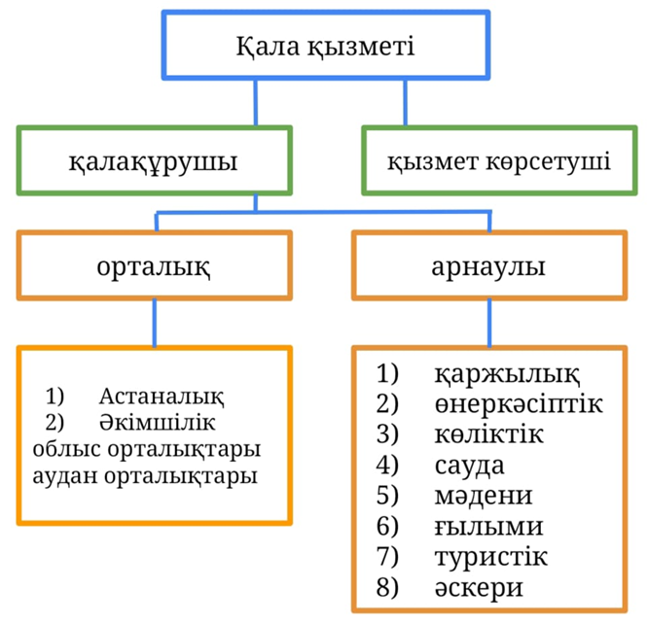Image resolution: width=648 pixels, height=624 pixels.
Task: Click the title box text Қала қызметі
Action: (326, 46)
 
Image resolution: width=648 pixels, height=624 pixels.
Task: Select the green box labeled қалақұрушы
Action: (154, 158)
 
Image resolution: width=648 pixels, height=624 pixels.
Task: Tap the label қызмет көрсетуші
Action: (499, 158)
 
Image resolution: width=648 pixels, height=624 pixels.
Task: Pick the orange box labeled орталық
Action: (154, 265)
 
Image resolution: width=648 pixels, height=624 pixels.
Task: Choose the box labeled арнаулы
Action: (488, 265)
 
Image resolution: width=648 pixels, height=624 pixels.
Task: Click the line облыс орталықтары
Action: (146, 450)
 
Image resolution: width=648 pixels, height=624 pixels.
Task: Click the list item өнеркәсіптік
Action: (519, 403)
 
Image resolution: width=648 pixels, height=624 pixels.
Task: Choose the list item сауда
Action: (469, 465)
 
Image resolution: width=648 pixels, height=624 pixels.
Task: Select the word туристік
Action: (491, 558)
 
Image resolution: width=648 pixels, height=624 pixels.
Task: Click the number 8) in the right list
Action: (389, 589)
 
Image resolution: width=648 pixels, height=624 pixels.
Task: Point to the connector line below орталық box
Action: (154, 322)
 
